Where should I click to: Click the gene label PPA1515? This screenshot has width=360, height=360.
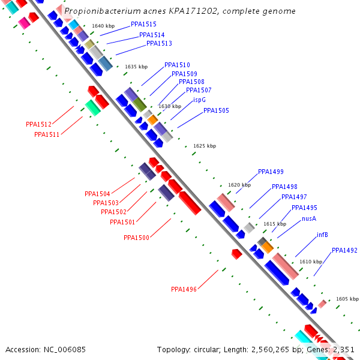143,24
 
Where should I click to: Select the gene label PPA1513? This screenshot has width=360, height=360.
159,43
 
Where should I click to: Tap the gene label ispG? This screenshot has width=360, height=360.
199,100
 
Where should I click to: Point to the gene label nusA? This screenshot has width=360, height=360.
309,218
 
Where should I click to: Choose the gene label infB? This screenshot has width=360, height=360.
322,235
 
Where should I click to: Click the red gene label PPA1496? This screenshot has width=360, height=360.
184,289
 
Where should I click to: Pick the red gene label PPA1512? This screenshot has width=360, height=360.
38,124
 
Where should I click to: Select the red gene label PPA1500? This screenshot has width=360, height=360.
136,238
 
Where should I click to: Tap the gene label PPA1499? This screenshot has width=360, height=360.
271,172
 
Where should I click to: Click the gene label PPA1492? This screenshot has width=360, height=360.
344,250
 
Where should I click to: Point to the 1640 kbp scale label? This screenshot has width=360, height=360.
103,26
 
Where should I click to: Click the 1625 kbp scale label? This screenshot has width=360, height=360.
204,146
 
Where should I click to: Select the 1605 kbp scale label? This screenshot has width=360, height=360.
347,298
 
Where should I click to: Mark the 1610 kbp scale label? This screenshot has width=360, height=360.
311,262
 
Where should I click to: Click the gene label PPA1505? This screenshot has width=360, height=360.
216,110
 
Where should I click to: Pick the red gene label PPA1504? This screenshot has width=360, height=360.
97,194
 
